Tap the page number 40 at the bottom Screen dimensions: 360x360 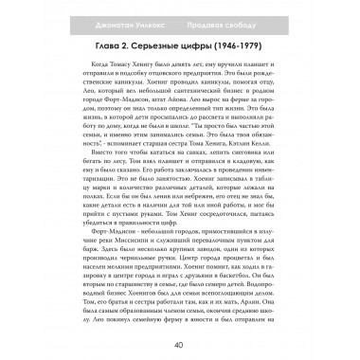point(179,344)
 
